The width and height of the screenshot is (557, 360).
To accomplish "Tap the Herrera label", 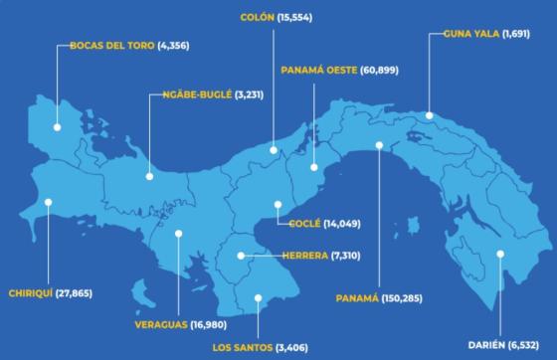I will tap(304, 256).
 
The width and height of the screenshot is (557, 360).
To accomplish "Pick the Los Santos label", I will tap(242, 347).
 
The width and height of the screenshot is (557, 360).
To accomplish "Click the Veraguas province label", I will tap(165, 323).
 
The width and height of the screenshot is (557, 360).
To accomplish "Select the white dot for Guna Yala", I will tap(429, 116).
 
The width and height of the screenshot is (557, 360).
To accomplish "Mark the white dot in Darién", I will tap(501, 254).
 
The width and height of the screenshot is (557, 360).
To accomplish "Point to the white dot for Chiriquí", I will tap(47, 202).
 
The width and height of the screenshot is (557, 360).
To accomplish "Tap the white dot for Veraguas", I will tap(178, 235).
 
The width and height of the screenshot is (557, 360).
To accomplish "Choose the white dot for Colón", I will tap(274, 150).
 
